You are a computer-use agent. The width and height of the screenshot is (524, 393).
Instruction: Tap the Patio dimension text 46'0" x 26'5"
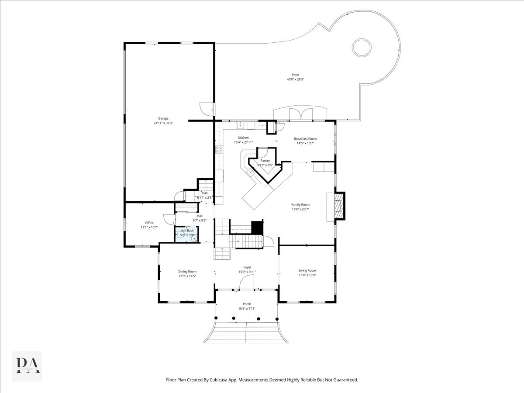[x=295, y=79]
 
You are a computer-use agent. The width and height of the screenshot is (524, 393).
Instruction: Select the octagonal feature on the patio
[x=362, y=47]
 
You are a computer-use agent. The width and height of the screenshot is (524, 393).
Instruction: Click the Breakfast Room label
[x=305, y=138]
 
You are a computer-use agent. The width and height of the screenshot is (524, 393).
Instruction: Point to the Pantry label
[x=265, y=161]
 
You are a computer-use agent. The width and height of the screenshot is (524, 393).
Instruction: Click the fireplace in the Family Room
[x=339, y=205]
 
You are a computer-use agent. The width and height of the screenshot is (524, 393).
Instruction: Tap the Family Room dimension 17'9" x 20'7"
[x=300, y=209]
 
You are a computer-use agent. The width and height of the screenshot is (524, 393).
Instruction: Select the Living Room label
[x=307, y=270]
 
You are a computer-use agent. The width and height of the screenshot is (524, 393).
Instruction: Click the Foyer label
[x=247, y=267]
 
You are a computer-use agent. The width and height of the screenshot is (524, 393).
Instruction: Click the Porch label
[x=247, y=304]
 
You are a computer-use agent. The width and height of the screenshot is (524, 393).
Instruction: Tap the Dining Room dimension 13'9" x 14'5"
[x=187, y=276]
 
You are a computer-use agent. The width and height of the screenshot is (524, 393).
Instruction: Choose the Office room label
[x=149, y=223]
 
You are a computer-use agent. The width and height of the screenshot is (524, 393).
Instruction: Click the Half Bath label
[x=187, y=231]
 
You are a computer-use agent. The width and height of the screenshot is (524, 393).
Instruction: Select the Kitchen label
[x=243, y=138]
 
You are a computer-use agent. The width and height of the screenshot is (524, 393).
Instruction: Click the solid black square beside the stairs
[x=258, y=228]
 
